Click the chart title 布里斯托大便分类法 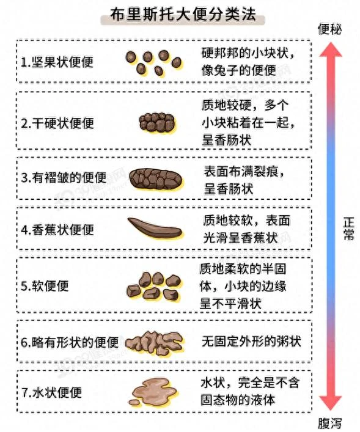tap(183, 14)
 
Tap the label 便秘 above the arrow tap(329, 29)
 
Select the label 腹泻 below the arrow tap(329, 423)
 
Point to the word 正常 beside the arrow tap(349, 229)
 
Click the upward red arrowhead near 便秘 tap(331, 49)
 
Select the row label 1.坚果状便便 tap(57, 62)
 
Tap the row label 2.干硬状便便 tap(57, 123)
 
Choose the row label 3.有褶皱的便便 tap(64, 178)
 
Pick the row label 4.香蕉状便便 tap(57, 230)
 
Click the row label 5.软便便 tap(45, 286)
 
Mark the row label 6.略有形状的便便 tap(70, 342)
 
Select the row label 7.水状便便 tap(51, 392)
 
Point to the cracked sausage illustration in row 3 tap(156, 179)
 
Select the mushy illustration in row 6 tap(155, 342)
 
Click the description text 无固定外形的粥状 tap(251, 342)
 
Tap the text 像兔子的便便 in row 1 tap(239, 70)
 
